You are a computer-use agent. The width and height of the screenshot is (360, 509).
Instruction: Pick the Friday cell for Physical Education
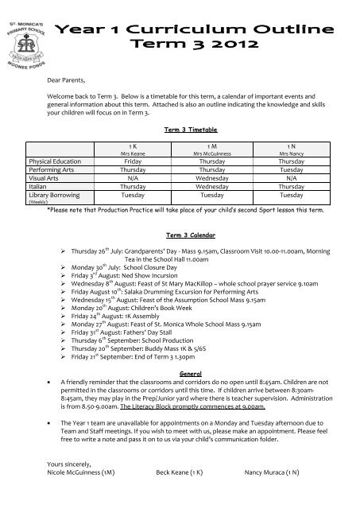coord(126,160)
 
